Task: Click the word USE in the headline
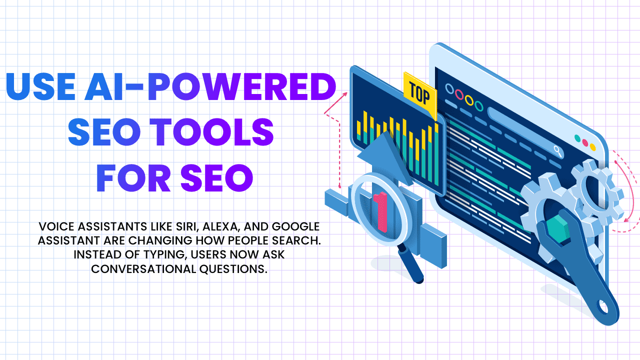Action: [40, 86]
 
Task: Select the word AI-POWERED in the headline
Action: [210, 86]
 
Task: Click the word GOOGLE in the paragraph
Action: [295, 226]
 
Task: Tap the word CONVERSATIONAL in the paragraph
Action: [143, 269]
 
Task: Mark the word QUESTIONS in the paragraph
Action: [233, 269]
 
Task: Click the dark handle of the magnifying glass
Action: [410, 265]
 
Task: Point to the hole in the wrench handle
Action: [603, 307]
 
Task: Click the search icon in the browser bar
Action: [557, 150]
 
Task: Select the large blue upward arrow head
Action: [384, 157]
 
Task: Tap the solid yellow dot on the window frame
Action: [593, 147]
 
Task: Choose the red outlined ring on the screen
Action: [459, 94]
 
